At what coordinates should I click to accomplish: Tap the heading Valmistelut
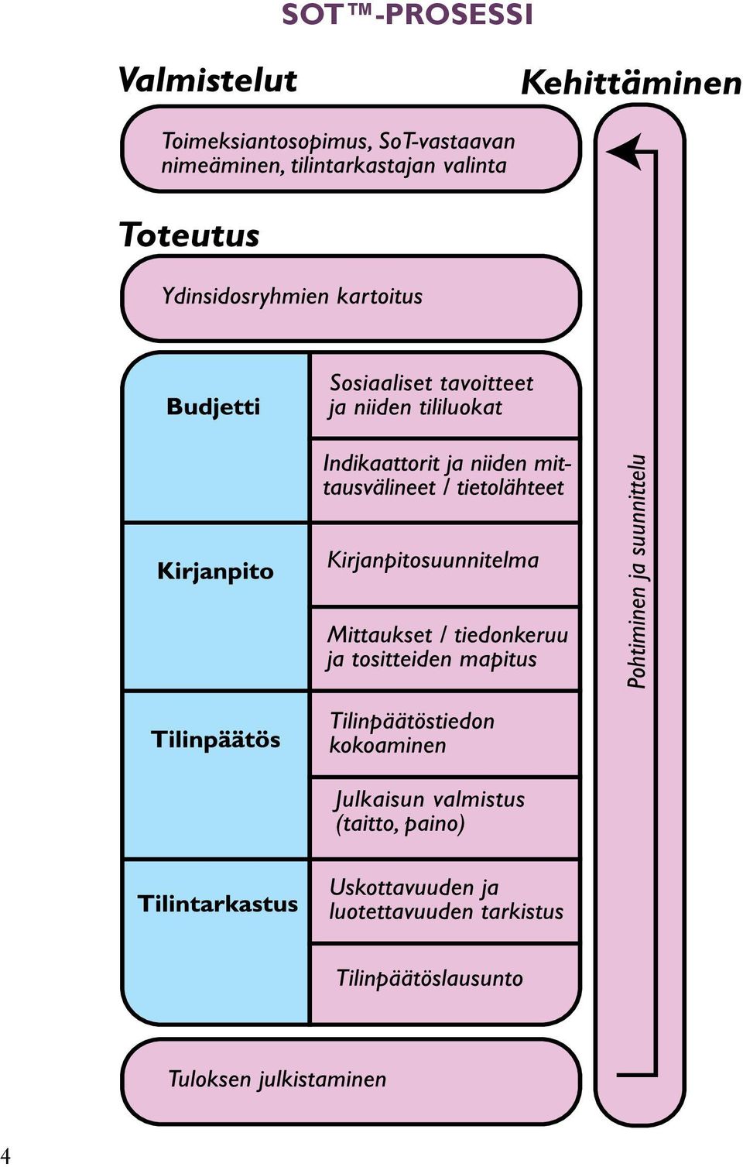pos(207,81)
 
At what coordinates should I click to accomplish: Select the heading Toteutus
pos(189,235)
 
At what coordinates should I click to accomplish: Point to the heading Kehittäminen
pos(631,83)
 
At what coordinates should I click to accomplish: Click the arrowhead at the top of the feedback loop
pos(624,152)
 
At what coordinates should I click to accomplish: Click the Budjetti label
pos(213,407)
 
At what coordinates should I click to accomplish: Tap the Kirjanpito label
pos(215,572)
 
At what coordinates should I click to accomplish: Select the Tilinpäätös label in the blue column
pos(216,740)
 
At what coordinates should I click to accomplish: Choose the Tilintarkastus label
pos(217,904)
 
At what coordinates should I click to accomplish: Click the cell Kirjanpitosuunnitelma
pos(445,565)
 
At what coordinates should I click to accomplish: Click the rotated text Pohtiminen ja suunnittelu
pos(636,572)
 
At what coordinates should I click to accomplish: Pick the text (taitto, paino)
pos(400,824)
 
